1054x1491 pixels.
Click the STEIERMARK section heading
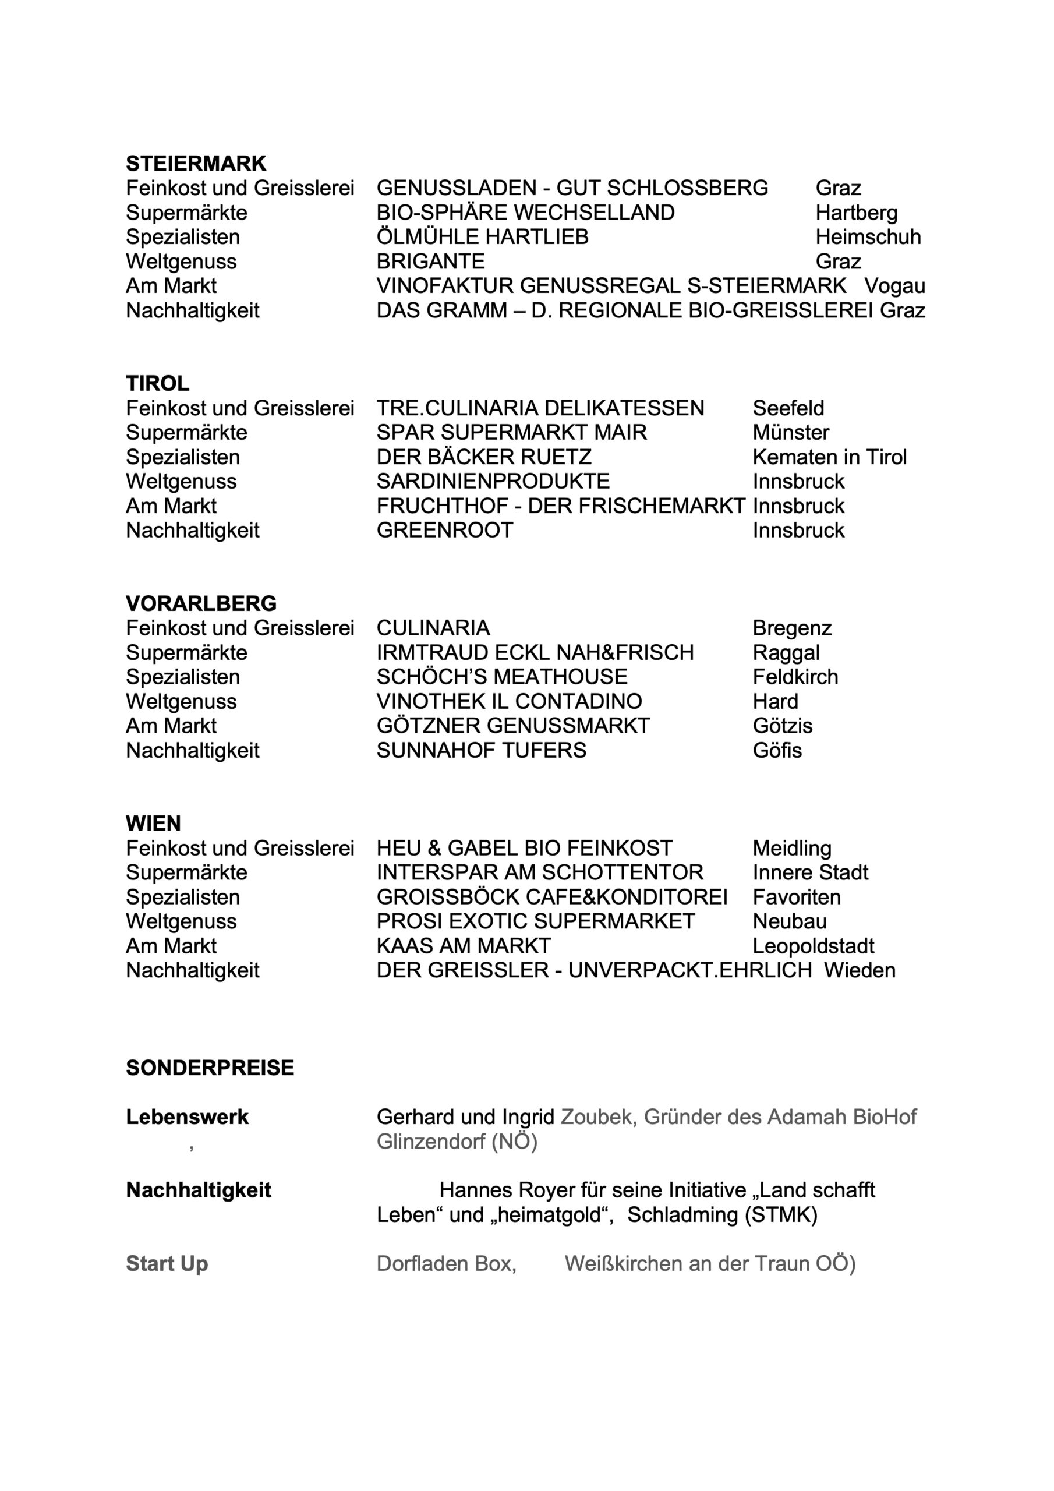(x=196, y=163)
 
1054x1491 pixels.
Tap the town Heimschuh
(x=868, y=236)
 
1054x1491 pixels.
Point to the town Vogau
(x=894, y=286)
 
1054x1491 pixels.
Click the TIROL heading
(x=157, y=383)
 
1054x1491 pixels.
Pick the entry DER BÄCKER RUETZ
(x=484, y=457)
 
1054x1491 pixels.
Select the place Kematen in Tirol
(x=829, y=457)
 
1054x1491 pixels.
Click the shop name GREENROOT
(x=445, y=530)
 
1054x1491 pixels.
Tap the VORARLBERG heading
(x=201, y=603)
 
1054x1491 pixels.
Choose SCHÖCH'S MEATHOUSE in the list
(x=501, y=677)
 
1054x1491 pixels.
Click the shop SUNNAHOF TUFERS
(x=481, y=750)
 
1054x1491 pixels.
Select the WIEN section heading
(x=153, y=824)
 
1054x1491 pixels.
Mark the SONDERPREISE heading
(x=210, y=1068)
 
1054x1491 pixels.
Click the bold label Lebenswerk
(x=187, y=1117)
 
